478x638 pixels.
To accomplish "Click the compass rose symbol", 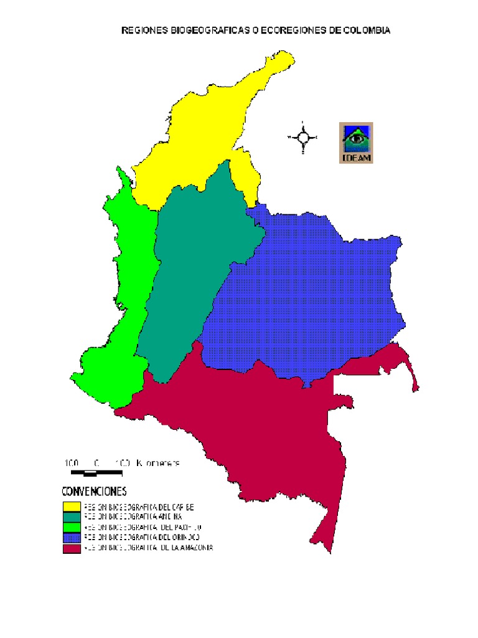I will pos(303,137).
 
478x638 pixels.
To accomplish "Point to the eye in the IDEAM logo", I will pos(357,137).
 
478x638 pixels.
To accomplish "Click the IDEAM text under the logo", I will pos(357,158).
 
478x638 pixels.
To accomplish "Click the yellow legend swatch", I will pos(71,507).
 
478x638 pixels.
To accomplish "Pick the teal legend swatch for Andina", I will pos(71,517).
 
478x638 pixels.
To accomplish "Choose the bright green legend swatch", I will pos(71,526).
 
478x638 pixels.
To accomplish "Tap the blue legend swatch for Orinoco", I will pos(71,537).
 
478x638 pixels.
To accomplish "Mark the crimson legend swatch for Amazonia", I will pos(71,548).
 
